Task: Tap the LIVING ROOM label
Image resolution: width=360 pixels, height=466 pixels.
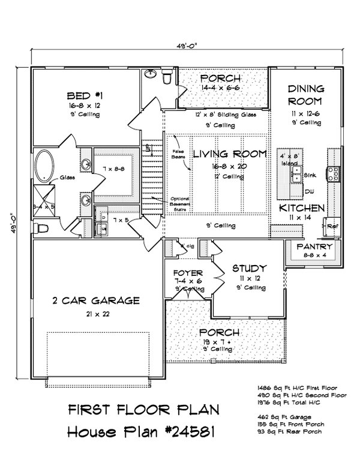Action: point(229,154)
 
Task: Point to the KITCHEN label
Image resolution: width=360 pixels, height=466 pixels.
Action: point(302,208)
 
